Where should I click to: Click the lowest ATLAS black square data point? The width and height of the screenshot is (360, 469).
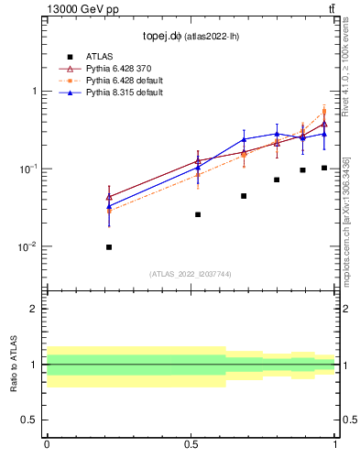[x=109, y=247]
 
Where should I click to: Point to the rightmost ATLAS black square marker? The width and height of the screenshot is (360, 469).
[x=324, y=168]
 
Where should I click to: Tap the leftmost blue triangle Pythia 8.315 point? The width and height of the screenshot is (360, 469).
[x=109, y=206]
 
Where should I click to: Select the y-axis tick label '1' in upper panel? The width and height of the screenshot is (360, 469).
[x=34, y=92]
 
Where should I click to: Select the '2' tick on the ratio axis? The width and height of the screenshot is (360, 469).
[x=34, y=309]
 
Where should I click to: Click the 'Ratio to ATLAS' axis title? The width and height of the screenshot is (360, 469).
[x=13, y=365]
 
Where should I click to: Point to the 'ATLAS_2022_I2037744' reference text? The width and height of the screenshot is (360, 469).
[x=191, y=274]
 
